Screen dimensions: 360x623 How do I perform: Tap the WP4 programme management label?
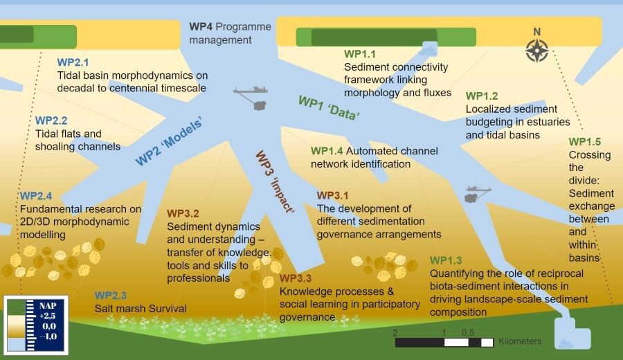[x=221, y=33]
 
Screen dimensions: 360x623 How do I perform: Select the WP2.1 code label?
[x=73, y=62]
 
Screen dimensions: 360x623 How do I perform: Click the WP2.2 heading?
[x=51, y=120]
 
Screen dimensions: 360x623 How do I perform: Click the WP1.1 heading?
[x=360, y=53]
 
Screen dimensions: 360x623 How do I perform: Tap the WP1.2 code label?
[x=482, y=96]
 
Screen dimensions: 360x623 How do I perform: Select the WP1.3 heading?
[x=446, y=260]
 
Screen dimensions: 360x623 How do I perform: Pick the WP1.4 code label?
[x=327, y=150]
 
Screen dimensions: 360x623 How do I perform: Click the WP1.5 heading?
[x=584, y=142]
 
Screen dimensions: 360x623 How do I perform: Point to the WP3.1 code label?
[x=333, y=195]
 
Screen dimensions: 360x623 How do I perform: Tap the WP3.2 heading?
[x=183, y=213]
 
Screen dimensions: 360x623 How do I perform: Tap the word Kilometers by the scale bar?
[x=520, y=341]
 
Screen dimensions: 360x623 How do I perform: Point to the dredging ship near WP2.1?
[x=251, y=91]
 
